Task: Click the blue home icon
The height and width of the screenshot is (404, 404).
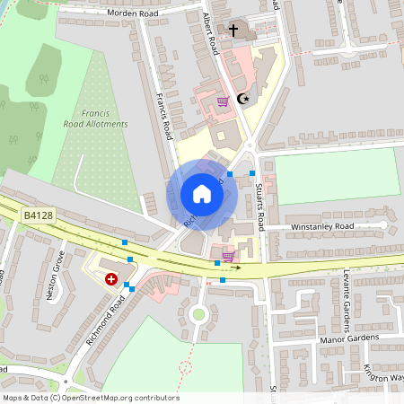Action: tap(201, 194)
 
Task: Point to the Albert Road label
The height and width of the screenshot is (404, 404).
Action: tap(211, 31)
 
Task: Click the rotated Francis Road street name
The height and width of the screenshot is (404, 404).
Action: tap(162, 117)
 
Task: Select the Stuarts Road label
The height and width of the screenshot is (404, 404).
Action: tap(259, 204)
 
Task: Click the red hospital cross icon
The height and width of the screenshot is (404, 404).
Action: tap(111, 279)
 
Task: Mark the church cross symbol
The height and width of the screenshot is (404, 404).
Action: tap(233, 31)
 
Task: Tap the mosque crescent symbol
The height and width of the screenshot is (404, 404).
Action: tap(241, 99)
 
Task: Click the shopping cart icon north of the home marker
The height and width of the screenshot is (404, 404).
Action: tap(223, 101)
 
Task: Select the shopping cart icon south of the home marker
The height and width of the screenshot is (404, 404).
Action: tap(228, 256)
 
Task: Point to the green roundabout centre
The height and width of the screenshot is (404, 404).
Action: tap(198, 314)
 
